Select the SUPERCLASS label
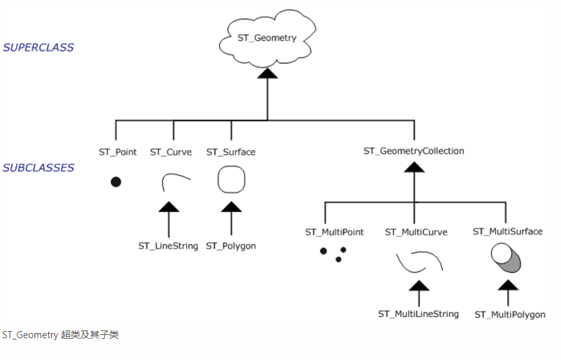(x=39, y=47)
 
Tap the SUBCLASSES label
(x=39, y=168)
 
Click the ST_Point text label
(x=117, y=152)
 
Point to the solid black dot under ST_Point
(x=116, y=182)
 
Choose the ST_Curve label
(x=171, y=152)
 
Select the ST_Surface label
(x=230, y=152)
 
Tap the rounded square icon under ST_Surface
(x=231, y=180)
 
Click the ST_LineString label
(x=168, y=246)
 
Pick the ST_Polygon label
(x=231, y=246)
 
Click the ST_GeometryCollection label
(x=413, y=151)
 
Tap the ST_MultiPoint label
(x=334, y=232)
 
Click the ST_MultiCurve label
(x=416, y=232)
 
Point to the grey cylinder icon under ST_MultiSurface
(x=506, y=258)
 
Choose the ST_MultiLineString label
(x=419, y=314)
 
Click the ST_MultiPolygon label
(x=510, y=314)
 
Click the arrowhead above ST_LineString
(x=169, y=207)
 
